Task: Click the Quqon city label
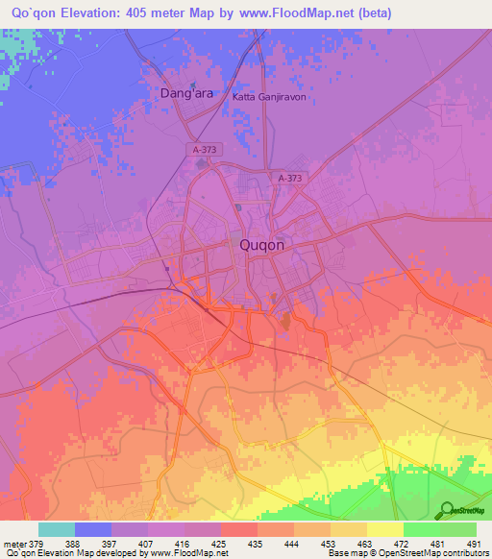(x=260, y=246)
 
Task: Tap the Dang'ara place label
(x=192, y=94)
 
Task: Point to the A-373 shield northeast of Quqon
(x=289, y=179)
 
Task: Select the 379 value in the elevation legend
(x=38, y=544)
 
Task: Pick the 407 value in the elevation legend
(x=149, y=544)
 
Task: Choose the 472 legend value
(x=404, y=544)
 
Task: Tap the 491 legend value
(x=475, y=544)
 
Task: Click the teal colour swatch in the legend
(x=57, y=529)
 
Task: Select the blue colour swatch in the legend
(x=93, y=529)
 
